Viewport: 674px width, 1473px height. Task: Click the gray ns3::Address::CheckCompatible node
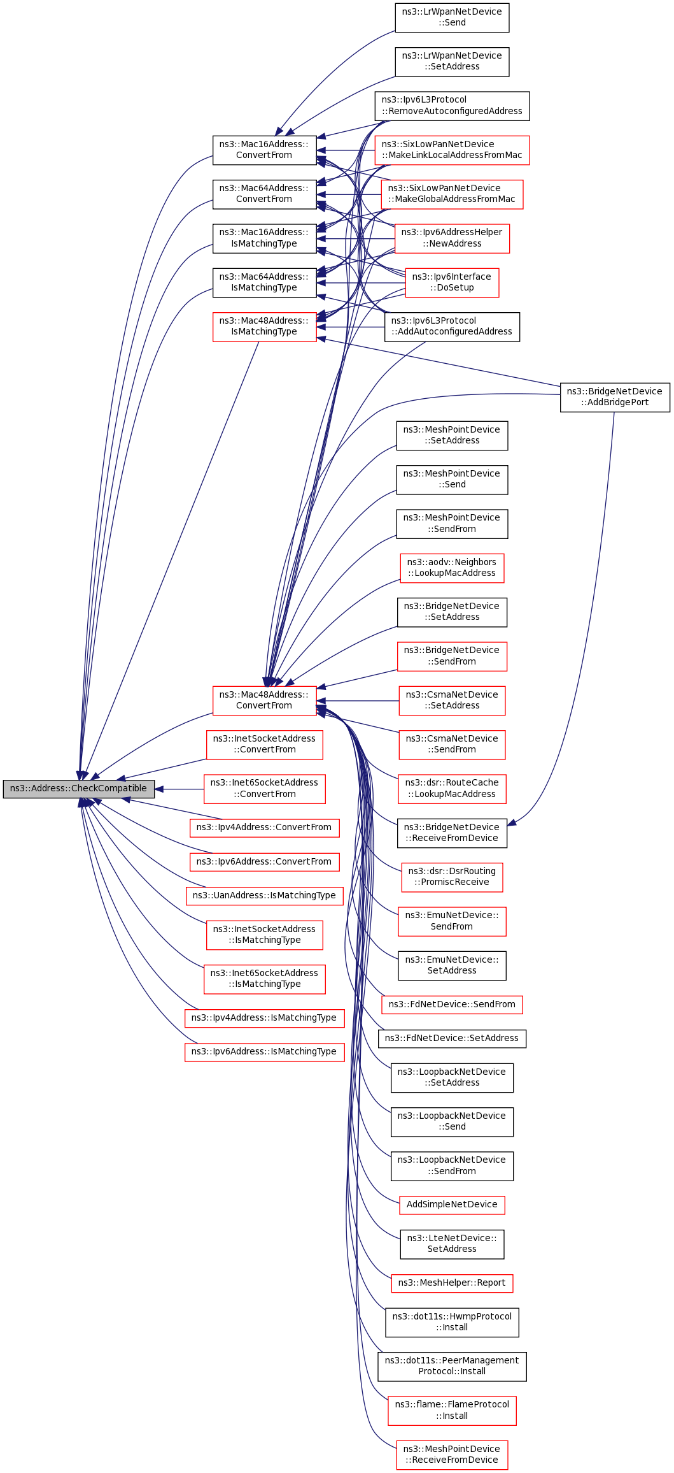point(78,789)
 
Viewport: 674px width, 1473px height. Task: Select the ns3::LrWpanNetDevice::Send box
point(452,17)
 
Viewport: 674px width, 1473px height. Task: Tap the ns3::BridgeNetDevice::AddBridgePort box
point(614,397)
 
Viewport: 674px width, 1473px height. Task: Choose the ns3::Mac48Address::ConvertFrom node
point(264,700)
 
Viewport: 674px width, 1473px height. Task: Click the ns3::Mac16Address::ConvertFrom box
point(264,150)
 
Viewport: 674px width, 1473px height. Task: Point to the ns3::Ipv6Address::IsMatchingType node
point(264,1051)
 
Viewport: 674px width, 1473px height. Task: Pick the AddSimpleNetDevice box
point(452,1204)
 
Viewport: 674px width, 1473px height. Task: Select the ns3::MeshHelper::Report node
point(452,1283)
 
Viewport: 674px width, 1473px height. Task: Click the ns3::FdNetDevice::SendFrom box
point(452,1004)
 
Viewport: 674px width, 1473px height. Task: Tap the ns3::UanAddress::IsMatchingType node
point(264,895)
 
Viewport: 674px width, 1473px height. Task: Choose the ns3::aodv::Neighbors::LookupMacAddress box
point(452,568)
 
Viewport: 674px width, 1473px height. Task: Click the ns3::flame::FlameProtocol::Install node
point(452,1410)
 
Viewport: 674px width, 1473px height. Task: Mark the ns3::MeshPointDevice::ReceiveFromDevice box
point(452,1455)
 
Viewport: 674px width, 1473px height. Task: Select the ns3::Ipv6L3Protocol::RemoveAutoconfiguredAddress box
point(452,106)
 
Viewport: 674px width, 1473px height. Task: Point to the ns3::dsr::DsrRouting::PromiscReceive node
point(452,877)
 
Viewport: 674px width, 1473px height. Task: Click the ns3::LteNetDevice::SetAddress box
point(452,1244)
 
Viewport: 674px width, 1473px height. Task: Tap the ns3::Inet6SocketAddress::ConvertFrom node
point(264,789)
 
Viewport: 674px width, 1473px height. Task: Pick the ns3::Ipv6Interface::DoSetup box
point(452,282)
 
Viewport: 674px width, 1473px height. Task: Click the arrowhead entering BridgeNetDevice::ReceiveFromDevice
point(511,823)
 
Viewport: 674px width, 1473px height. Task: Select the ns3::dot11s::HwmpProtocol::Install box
point(452,1322)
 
